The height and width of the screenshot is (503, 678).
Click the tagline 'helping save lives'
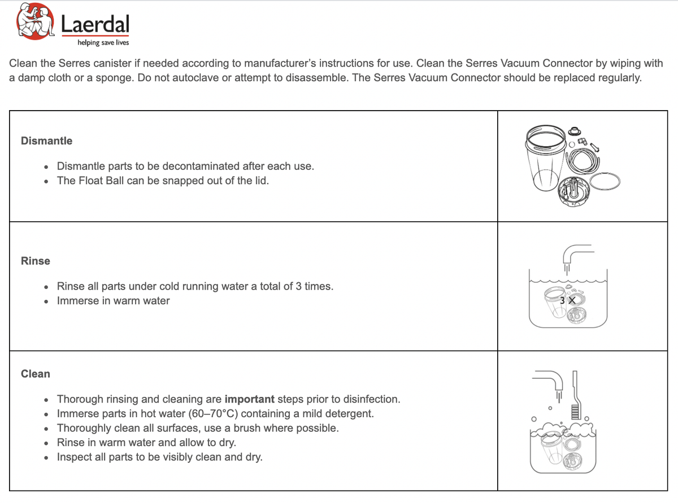pos(103,42)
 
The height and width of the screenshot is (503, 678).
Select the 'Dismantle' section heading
pos(46,141)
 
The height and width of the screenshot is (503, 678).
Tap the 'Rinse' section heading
pos(35,261)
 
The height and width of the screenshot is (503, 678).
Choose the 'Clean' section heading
pos(35,374)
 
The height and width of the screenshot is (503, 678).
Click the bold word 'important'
pos(254,399)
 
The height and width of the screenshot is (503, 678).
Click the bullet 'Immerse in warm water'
pos(113,301)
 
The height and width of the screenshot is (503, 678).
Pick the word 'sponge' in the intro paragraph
pos(116,78)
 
